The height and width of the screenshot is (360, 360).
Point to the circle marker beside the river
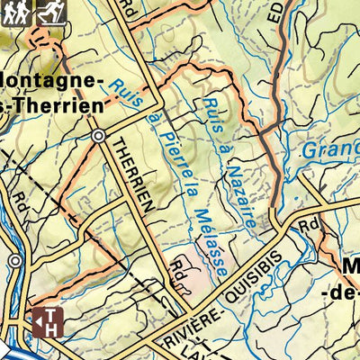point(15,260)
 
